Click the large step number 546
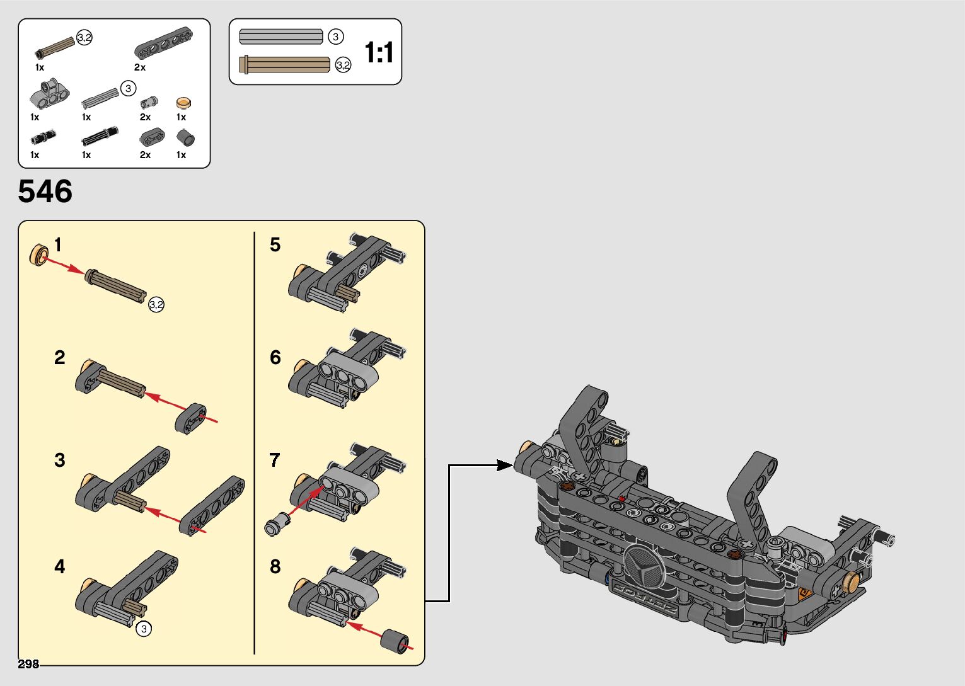click(x=45, y=192)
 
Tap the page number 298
click(x=28, y=664)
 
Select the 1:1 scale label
click(x=379, y=52)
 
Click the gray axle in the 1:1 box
click(x=281, y=37)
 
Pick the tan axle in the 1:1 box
click(x=285, y=64)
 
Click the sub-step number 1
click(x=58, y=245)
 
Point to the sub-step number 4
click(x=59, y=566)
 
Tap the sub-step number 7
click(x=275, y=460)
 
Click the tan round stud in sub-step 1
click(x=39, y=254)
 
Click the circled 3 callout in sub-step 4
click(x=144, y=628)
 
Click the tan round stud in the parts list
click(x=183, y=103)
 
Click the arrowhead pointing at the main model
click(x=505, y=466)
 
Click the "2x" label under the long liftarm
click(x=140, y=67)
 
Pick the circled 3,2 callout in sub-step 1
click(x=156, y=306)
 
